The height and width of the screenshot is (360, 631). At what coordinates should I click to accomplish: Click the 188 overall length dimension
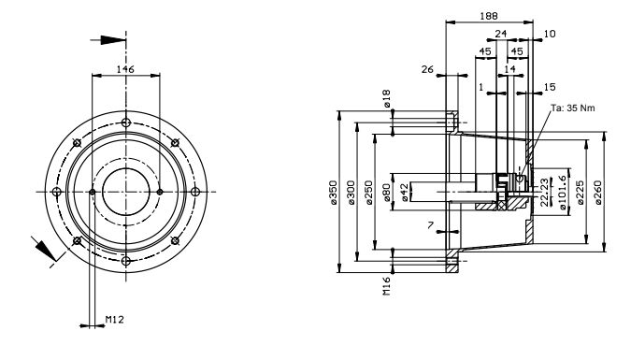(x=489, y=16)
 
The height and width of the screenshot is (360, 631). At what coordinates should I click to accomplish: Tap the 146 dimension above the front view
(x=125, y=69)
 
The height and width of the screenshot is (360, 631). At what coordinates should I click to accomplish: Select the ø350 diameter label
(x=333, y=193)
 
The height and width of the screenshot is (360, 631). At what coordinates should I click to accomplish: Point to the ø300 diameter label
(x=351, y=193)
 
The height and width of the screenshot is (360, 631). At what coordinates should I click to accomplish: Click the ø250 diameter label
(x=369, y=193)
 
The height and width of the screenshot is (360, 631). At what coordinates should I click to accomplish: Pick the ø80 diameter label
(x=387, y=192)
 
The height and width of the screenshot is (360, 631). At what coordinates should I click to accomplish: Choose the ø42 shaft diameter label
(x=405, y=192)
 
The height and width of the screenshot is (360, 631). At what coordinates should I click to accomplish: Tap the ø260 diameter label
(x=598, y=193)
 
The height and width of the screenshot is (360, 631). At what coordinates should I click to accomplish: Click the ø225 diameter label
(x=581, y=193)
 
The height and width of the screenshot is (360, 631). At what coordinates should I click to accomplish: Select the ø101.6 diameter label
(x=563, y=193)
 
